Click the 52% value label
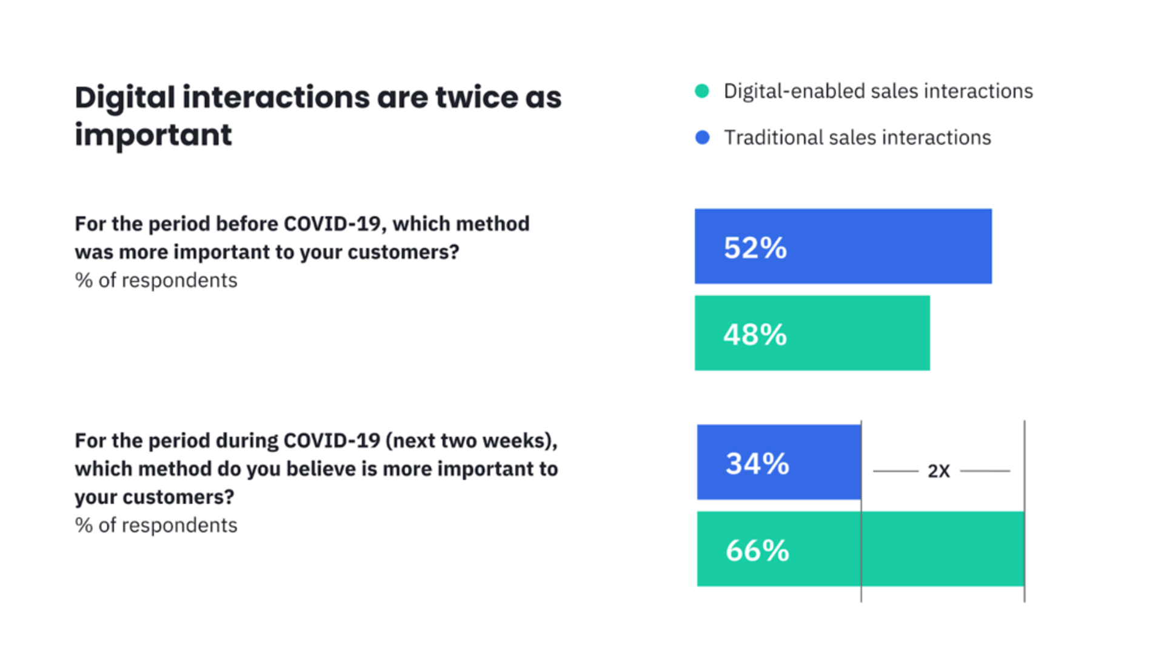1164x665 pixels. pos(755,248)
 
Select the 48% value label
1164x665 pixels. pos(755,335)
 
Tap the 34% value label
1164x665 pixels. pos(757,464)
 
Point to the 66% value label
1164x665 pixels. pos(757,550)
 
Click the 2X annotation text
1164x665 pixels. pos(938,471)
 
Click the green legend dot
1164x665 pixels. pos(702,91)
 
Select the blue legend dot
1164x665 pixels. pos(702,138)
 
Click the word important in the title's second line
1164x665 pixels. pos(153,135)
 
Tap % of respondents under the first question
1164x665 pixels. pos(156,281)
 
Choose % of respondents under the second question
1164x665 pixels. pos(156,526)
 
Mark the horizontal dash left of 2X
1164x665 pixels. pos(895,471)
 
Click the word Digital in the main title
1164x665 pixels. pos(125,98)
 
